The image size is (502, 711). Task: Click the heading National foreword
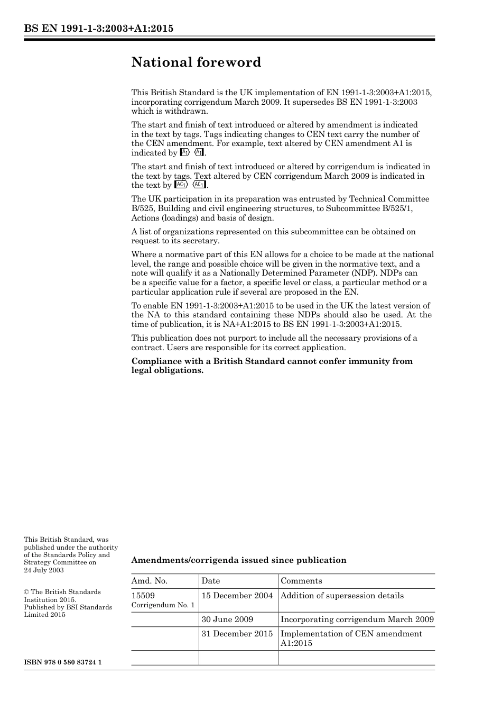[x=196, y=62]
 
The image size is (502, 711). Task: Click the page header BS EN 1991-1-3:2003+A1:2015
[x=98, y=29]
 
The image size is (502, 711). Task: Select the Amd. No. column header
[x=149, y=581]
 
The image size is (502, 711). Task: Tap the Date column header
[x=210, y=581]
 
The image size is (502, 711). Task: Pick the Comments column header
[x=301, y=581]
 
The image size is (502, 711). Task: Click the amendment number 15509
[x=143, y=596]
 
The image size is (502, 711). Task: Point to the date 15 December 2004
[x=237, y=596]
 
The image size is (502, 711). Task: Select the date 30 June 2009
[x=227, y=619]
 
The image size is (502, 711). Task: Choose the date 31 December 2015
[x=237, y=634]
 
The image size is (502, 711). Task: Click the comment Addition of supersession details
[x=342, y=596]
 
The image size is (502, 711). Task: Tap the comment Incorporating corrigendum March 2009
[x=357, y=619]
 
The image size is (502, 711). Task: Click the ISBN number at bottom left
[x=63, y=662]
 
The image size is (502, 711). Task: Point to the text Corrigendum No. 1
[x=163, y=605]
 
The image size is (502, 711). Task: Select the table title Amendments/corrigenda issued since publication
[x=239, y=560]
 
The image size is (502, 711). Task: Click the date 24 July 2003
[x=44, y=570]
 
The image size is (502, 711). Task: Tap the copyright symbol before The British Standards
[x=26, y=592]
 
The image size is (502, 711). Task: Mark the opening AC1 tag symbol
[x=181, y=185]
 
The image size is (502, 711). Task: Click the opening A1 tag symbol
[x=184, y=153]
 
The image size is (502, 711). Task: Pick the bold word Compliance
[x=155, y=361]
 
